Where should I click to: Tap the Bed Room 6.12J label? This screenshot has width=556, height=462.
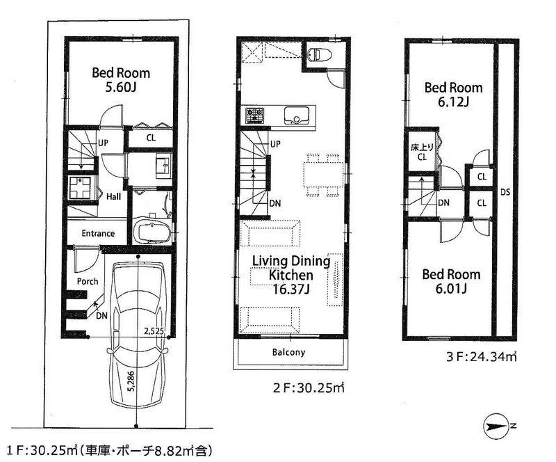point(453,95)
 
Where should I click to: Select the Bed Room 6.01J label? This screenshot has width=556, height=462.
point(452,280)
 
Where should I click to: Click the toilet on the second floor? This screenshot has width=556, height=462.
point(317,54)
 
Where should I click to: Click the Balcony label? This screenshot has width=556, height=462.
point(288,352)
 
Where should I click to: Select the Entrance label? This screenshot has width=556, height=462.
point(98,233)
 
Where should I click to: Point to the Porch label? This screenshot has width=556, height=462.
point(88,281)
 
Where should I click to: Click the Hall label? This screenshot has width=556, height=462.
point(114,197)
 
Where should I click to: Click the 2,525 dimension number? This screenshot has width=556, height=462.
point(154,331)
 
